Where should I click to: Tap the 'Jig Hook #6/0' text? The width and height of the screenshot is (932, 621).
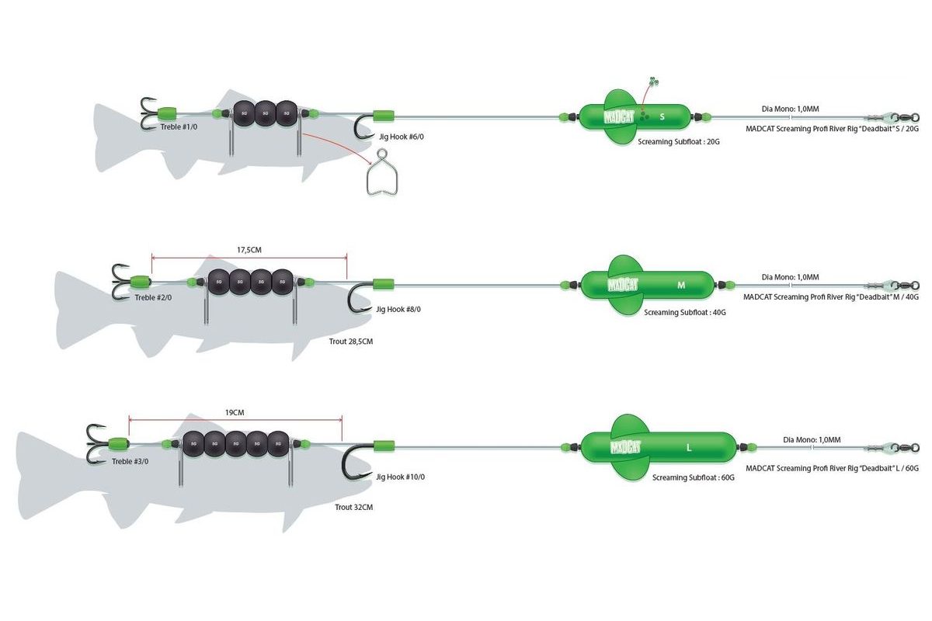[x=401, y=137]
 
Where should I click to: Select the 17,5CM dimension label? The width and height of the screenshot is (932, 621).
[x=249, y=250]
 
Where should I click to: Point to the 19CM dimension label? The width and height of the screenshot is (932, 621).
[x=235, y=414]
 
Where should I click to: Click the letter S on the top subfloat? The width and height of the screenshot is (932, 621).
[x=662, y=117]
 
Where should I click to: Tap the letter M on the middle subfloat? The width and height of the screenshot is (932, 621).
[x=681, y=285]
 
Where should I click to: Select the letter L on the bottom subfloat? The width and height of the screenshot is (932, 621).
[x=689, y=448]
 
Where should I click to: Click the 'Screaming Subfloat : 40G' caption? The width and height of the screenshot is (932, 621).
[x=683, y=312]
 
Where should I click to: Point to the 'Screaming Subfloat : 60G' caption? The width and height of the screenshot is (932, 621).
[x=693, y=477]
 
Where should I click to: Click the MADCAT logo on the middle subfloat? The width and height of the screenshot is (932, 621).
[x=622, y=284]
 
